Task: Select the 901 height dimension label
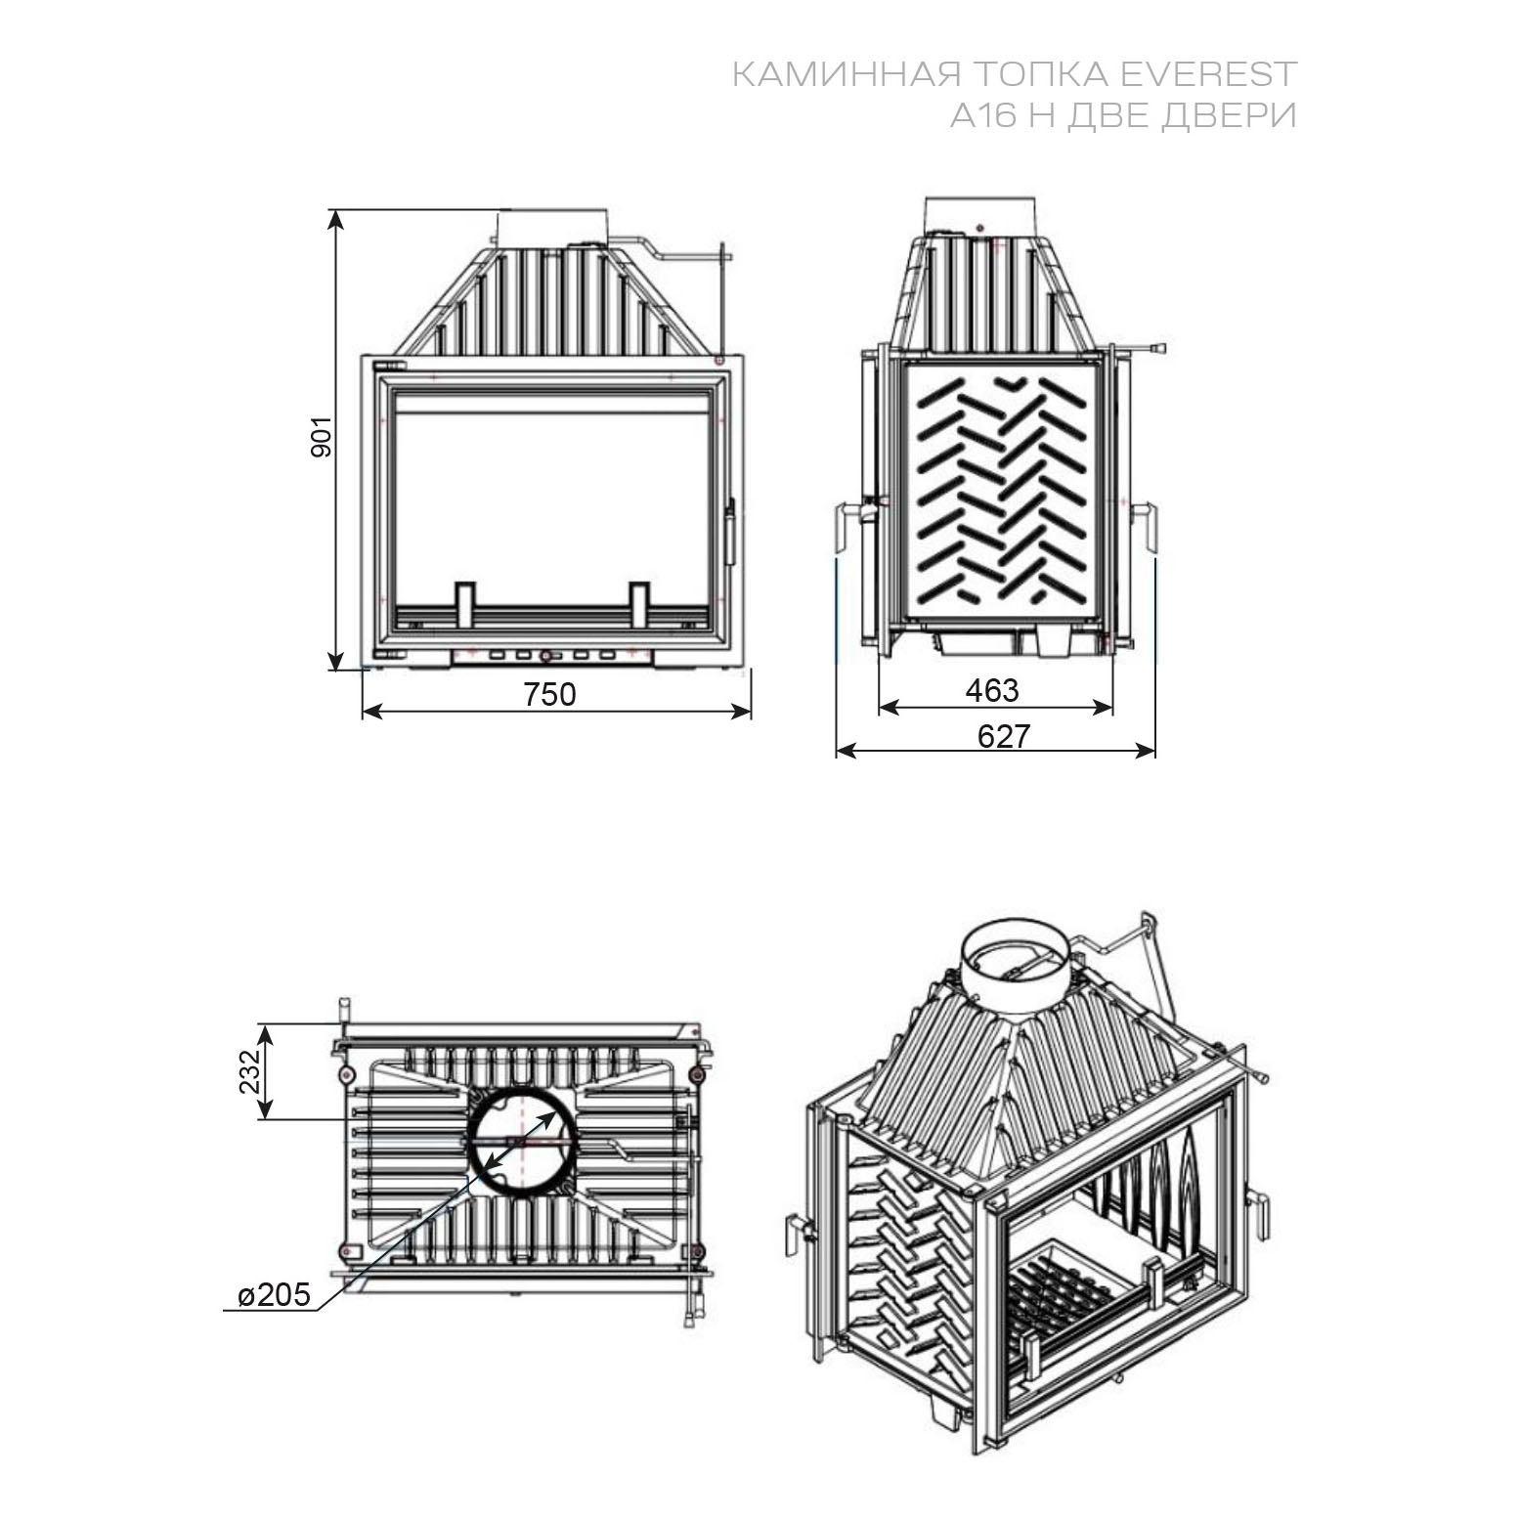pos(322,436)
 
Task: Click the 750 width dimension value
pos(549,694)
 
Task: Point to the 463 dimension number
pos(992,691)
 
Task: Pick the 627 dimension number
pos(1004,736)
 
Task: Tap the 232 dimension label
pos(251,1071)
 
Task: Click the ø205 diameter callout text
pos(275,1295)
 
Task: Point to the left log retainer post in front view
pos(465,606)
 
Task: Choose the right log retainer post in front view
pos(639,606)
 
